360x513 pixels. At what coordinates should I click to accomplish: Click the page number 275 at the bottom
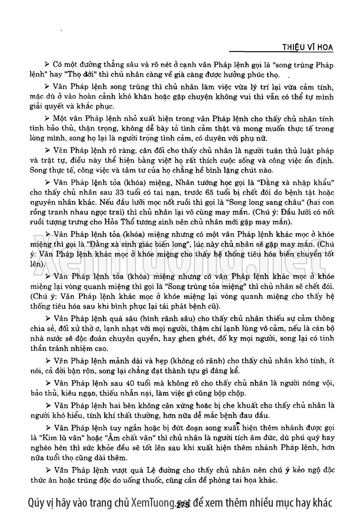tap(183, 504)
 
